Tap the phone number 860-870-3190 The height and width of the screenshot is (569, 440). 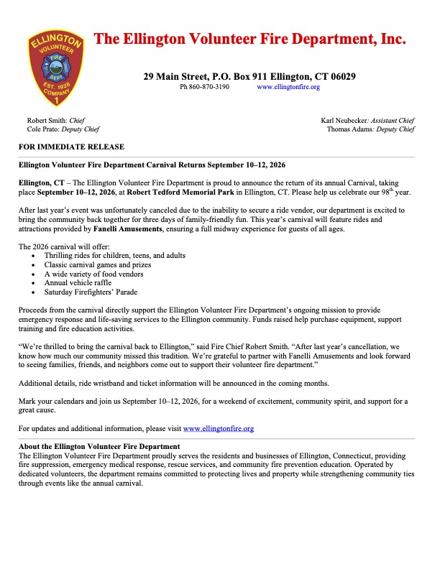[x=210, y=87]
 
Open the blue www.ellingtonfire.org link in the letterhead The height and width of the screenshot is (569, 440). [x=288, y=87]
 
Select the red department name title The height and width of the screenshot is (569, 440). [x=250, y=40]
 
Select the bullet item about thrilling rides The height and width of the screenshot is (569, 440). [x=115, y=256]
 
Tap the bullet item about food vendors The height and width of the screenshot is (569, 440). [x=93, y=274]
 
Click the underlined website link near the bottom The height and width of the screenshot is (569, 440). [x=219, y=429]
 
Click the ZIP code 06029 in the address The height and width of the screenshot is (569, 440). [x=338, y=76]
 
